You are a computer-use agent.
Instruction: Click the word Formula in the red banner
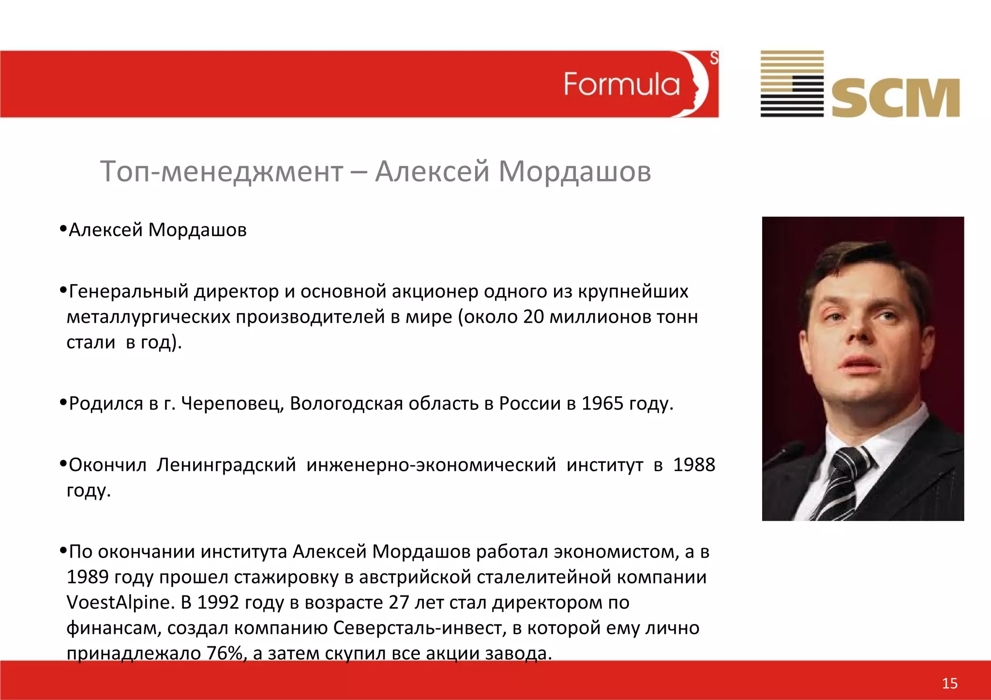621,85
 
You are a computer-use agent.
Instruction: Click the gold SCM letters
895,98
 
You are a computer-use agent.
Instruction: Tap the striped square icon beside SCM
792,84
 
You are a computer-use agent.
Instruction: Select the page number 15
949,683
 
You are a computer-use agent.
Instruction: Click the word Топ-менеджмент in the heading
221,171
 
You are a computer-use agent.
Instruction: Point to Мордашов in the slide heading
574,171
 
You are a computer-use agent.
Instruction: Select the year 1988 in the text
694,465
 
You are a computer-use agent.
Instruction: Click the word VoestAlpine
119,602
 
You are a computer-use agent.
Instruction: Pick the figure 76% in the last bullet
224,653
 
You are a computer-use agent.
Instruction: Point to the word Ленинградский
226,465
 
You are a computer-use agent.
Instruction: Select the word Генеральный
129,291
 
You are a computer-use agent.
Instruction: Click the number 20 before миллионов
533,317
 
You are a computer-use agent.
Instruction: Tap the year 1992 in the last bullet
218,602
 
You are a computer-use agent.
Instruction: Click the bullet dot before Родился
62,402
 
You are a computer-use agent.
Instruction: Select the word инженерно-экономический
431,465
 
